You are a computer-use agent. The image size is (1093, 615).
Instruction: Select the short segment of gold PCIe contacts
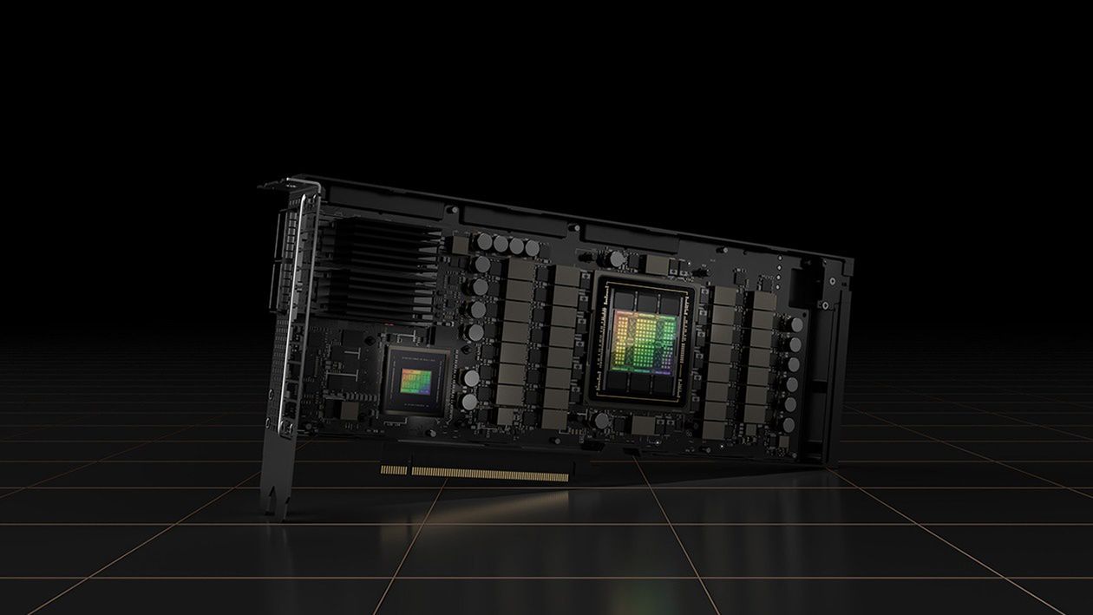(x=394, y=470)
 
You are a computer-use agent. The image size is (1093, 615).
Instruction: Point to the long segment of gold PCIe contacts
(x=490, y=474)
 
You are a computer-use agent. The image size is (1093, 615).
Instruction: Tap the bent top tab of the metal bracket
(x=285, y=185)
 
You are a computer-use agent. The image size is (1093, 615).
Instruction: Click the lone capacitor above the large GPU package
(x=617, y=258)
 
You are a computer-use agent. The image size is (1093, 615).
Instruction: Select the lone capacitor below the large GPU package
(x=602, y=421)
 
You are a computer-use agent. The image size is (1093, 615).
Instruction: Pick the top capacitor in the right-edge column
(x=796, y=324)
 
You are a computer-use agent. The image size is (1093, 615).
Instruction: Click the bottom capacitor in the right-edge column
(x=788, y=425)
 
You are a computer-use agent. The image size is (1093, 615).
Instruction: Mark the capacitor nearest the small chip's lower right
(x=468, y=402)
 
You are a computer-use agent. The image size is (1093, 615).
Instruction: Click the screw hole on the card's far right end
(x=833, y=281)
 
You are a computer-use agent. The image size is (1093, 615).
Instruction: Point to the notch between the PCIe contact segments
(x=408, y=471)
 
